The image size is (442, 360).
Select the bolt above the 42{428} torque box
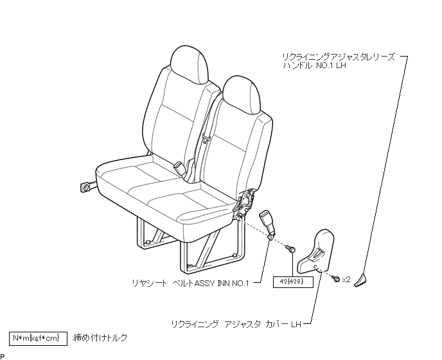click(x=290, y=248)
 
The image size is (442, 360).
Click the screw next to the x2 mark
click(x=335, y=278)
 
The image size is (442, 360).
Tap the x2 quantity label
click(x=346, y=280)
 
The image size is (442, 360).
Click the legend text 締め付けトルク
click(x=100, y=337)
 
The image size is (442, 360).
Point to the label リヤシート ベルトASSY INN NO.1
click(x=192, y=281)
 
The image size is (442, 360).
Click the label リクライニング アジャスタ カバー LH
click(x=236, y=324)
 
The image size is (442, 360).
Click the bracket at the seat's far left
click(x=85, y=188)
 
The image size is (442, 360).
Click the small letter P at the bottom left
click(x=3, y=356)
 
